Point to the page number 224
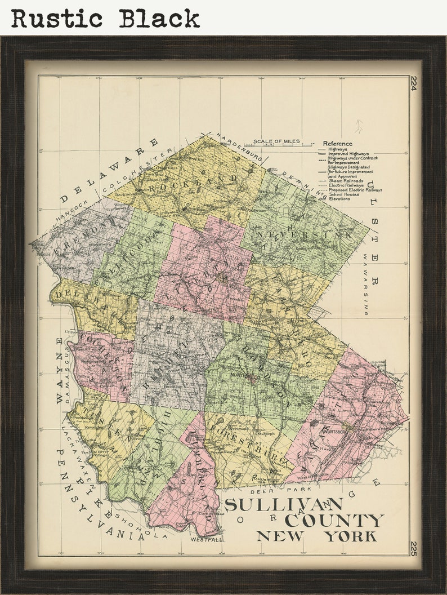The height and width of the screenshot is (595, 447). (414, 83)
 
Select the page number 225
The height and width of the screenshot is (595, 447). (414, 548)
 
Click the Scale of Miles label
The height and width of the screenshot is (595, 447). (276, 142)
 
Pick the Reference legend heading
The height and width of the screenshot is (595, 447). (337, 144)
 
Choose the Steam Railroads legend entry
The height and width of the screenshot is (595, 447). (346, 180)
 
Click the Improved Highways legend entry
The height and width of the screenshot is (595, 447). (348, 153)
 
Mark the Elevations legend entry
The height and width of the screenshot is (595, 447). (341, 199)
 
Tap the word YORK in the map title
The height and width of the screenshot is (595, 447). (349, 536)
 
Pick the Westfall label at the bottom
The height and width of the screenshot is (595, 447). (206, 539)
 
